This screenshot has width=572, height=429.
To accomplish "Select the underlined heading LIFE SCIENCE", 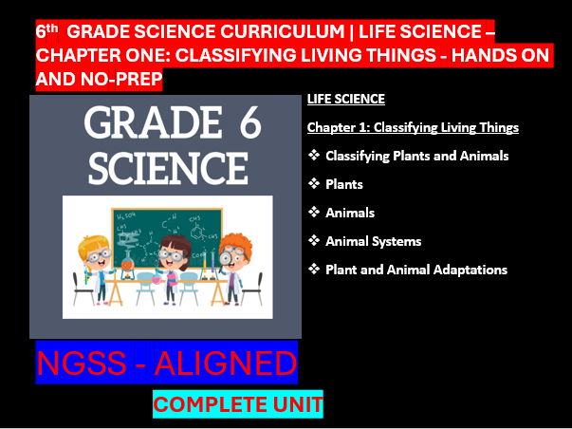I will pyautogui.click(x=345, y=99).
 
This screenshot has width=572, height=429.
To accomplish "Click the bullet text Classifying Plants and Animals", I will pyautogui.click(x=416, y=156).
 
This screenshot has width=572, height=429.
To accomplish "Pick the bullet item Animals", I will pyautogui.click(x=349, y=213).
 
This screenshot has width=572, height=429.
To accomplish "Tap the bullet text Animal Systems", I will pyautogui.click(x=373, y=241).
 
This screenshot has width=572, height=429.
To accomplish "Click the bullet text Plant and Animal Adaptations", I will pyautogui.click(x=415, y=270).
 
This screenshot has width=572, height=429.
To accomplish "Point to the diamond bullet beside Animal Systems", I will pyautogui.click(x=314, y=241).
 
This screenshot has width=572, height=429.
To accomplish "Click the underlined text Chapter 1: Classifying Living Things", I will pyautogui.click(x=413, y=127).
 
